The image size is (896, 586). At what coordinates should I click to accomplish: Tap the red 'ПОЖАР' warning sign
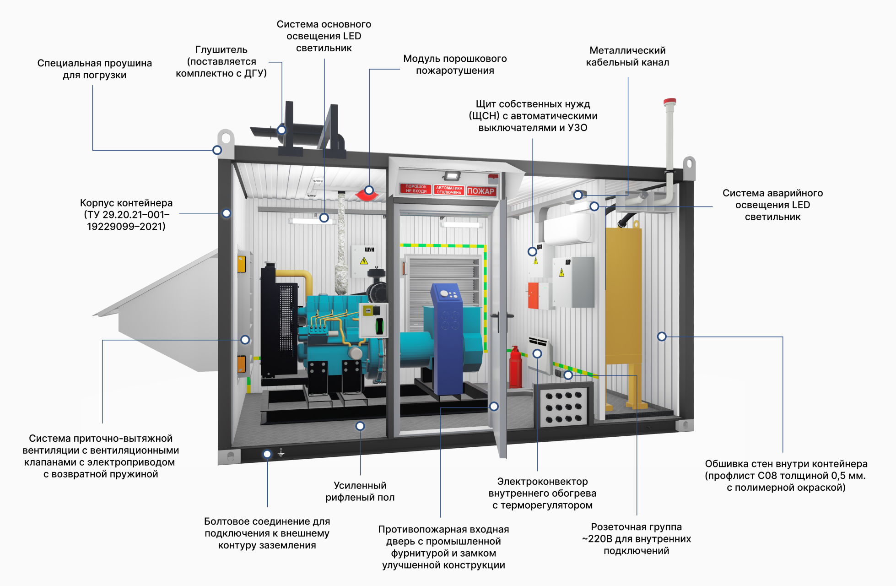[481, 191]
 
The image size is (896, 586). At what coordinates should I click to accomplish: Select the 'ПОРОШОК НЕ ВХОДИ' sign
[416, 189]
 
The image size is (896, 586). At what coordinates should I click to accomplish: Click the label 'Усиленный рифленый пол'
[360, 491]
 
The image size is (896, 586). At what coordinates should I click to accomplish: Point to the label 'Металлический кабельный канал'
[627, 56]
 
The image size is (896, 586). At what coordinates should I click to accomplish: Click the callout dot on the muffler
[282, 130]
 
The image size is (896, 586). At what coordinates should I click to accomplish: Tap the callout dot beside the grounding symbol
[267, 454]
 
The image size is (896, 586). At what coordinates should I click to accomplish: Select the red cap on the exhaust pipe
[670, 101]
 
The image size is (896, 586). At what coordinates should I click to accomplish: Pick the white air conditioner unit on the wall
[567, 229]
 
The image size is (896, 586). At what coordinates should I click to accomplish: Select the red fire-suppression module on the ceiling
[367, 195]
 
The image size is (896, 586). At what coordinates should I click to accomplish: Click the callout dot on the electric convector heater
[537, 353]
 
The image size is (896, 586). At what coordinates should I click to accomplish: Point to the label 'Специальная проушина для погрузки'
[95, 69]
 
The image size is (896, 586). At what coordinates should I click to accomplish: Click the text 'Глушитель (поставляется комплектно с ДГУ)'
[221, 61]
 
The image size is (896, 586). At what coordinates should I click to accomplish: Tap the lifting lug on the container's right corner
[689, 167]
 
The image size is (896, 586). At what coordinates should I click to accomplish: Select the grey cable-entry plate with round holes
[563, 407]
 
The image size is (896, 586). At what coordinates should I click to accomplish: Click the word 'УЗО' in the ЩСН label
[578, 128]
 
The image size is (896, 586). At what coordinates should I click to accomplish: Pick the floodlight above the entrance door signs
[452, 176]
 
